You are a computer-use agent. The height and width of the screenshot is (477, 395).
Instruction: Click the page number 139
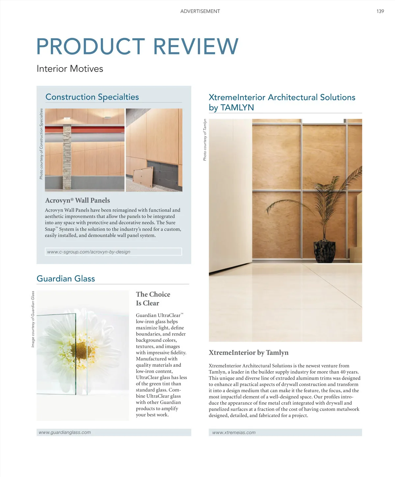click(380, 11)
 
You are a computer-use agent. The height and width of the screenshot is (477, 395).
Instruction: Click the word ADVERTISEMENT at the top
click(200, 11)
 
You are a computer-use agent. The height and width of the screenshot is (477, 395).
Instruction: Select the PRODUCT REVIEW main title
click(137, 46)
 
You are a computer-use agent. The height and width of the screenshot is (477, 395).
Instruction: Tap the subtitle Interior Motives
click(70, 69)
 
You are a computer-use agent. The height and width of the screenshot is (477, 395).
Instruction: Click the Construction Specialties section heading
click(92, 97)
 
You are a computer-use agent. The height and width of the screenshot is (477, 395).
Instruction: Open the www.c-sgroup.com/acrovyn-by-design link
click(89, 252)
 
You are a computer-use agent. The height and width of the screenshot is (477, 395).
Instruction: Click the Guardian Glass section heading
click(66, 279)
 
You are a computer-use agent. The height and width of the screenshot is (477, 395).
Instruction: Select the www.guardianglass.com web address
click(65, 433)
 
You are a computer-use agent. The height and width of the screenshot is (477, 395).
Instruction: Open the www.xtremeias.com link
click(234, 433)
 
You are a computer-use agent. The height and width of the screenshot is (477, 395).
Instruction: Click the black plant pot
click(325, 252)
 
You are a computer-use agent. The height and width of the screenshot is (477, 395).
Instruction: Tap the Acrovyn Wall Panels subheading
click(77, 200)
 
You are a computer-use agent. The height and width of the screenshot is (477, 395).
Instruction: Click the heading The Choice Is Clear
click(153, 299)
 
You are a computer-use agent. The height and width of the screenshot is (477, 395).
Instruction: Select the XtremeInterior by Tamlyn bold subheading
click(249, 353)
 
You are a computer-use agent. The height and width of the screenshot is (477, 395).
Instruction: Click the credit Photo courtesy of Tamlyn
click(205, 140)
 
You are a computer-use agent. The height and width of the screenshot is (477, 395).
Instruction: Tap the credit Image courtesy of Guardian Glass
click(33, 319)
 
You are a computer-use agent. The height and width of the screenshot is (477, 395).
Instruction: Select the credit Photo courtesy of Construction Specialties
click(41, 144)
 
